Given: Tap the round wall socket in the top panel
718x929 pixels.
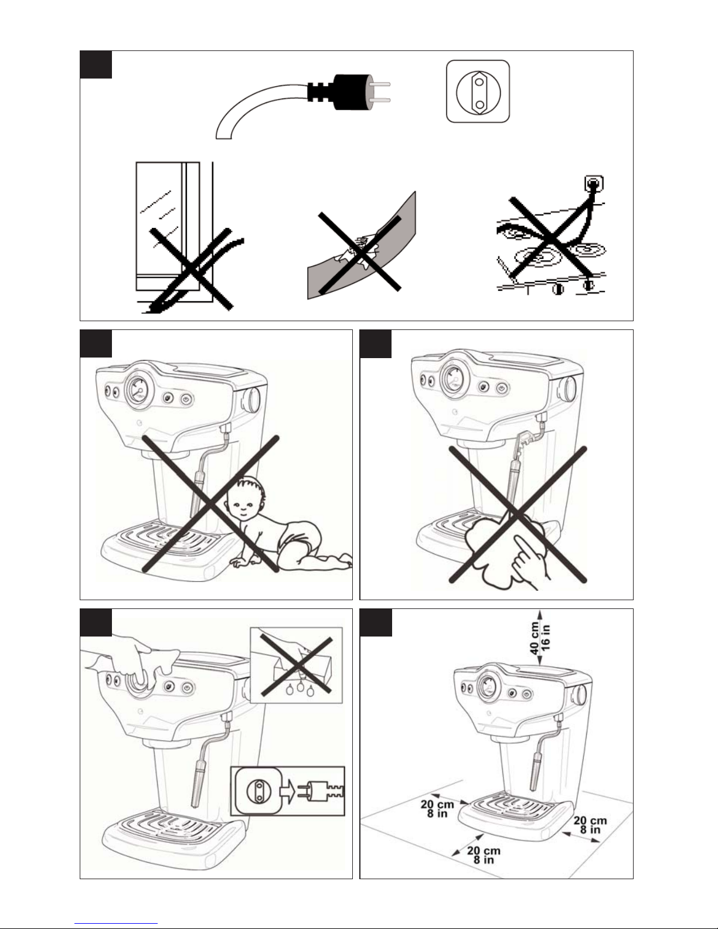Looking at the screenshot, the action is (x=478, y=92).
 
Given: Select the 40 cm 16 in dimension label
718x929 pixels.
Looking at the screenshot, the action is (x=540, y=639).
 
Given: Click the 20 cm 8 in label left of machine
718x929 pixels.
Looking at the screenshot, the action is (x=437, y=808).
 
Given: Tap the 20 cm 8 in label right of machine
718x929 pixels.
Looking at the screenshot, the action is (x=590, y=825).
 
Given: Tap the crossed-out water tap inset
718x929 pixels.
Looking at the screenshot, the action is (x=296, y=665).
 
